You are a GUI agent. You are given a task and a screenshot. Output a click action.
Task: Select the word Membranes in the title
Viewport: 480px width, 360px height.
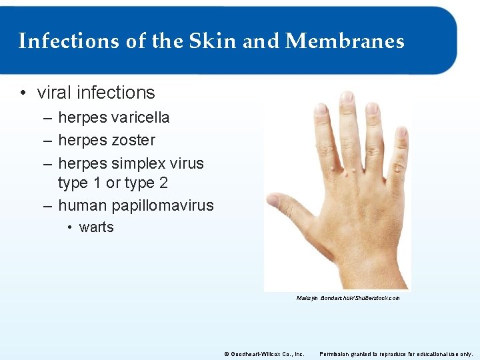pyautogui.click(x=344, y=41)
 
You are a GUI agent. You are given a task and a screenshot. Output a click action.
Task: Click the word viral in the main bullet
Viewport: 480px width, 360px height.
pyautogui.click(x=55, y=93)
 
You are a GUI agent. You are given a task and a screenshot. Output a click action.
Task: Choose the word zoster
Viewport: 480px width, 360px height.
pyautogui.click(x=133, y=140)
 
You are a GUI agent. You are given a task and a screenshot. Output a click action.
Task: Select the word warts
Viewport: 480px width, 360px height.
pyautogui.click(x=96, y=227)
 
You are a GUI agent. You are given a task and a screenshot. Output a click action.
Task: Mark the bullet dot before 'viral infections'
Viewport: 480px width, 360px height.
pyautogui.click(x=23, y=93)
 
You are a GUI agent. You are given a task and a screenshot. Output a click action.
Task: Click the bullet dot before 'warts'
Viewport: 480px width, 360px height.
pyautogui.click(x=69, y=227)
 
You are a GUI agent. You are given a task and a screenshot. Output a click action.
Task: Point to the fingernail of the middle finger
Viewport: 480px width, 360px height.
pyautogui.click(x=346, y=97)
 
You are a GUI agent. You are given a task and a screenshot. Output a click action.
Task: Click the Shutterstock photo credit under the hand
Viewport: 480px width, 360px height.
pyautogui.click(x=348, y=298)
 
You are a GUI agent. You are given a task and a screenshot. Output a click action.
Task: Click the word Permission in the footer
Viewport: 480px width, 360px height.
pyautogui.click(x=335, y=353)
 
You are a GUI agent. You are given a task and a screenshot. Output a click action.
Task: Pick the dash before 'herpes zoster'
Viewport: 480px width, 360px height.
pyautogui.click(x=47, y=140)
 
